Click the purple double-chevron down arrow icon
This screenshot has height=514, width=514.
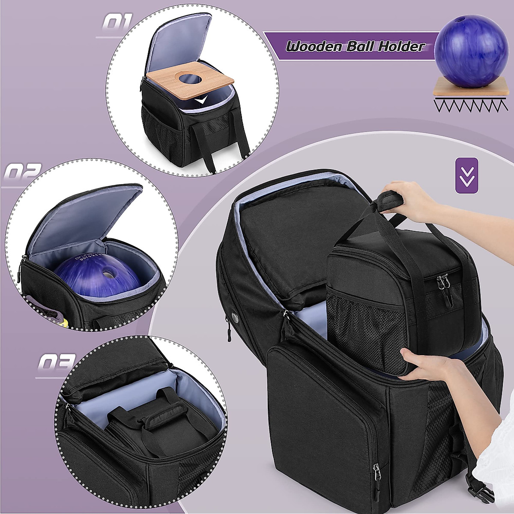pos(466,175)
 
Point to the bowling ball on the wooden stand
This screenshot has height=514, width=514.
pos(471,49)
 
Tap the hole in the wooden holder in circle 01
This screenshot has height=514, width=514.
pos(188,78)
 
